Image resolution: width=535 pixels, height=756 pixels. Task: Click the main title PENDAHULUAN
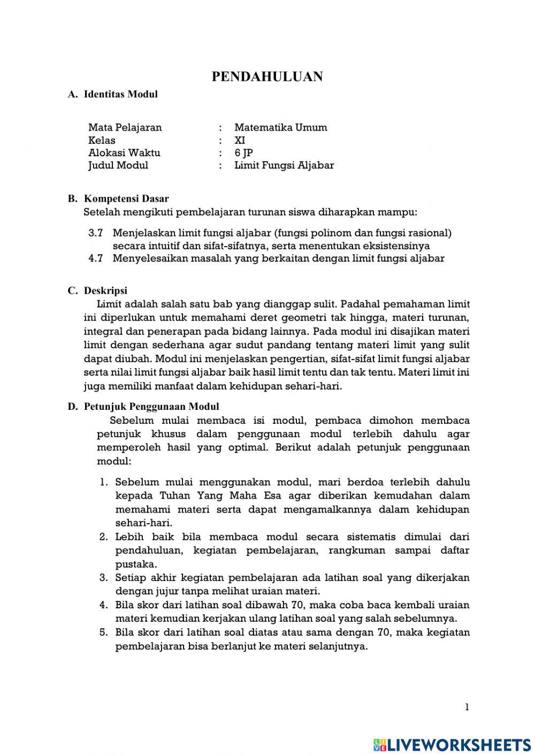pyautogui.click(x=267, y=77)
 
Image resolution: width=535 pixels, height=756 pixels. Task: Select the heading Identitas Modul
pyautogui.click(x=120, y=95)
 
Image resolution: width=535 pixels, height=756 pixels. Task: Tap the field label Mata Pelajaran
pyautogui.click(x=125, y=127)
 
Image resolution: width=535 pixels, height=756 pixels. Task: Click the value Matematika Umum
pyautogui.click(x=280, y=127)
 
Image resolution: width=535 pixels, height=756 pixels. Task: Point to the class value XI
pyautogui.click(x=240, y=140)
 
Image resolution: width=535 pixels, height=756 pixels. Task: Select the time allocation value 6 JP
pyautogui.click(x=243, y=152)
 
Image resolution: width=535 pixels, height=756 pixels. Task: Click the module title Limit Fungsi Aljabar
pyautogui.click(x=284, y=165)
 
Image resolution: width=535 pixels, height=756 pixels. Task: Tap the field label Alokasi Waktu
pyautogui.click(x=124, y=152)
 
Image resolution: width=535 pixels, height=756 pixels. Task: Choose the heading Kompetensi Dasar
pyautogui.click(x=126, y=199)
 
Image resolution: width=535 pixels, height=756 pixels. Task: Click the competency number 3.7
pyautogui.click(x=95, y=233)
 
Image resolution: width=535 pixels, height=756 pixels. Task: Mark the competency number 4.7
pyautogui.click(x=95, y=258)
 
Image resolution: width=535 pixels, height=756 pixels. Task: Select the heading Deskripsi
pyautogui.click(x=105, y=291)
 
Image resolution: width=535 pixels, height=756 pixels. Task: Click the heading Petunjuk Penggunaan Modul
pyautogui.click(x=151, y=407)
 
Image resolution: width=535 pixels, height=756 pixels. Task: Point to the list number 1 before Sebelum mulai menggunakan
pyautogui.click(x=104, y=482)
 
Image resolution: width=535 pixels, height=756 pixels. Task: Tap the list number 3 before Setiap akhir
pyautogui.click(x=104, y=578)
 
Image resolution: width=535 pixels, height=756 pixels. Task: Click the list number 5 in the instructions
pyautogui.click(x=104, y=632)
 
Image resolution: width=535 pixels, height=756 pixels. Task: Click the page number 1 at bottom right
pyautogui.click(x=467, y=707)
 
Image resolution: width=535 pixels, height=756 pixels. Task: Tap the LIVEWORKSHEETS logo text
pyautogui.click(x=458, y=744)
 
